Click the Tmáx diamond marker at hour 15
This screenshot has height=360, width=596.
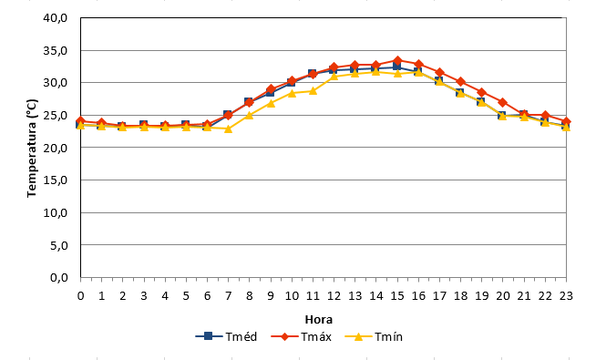(x=397, y=60)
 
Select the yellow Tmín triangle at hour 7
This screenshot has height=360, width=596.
(x=228, y=129)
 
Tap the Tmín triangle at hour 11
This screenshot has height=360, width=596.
(x=313, y=91)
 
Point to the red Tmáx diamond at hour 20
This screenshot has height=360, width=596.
(x=503, y=103)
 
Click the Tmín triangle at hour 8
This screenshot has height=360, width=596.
(x=250, y=115)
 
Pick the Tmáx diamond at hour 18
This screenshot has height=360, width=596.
(x=461, y=82)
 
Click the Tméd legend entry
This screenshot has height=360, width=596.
(x=227, y=336)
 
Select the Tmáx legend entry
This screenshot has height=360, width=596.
(x=302, y=336)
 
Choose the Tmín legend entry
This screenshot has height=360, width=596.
(x=374, y=336)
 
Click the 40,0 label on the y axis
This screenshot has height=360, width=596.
(x=55, y=18)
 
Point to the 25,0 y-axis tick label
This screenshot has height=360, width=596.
(x=55, y=115)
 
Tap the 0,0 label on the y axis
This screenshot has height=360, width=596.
(x=59, y=277)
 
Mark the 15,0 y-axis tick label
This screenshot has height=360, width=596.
(x=55, y=180)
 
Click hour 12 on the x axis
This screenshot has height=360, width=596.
(x=334, y=296)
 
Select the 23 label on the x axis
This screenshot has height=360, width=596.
(x=566, y=296)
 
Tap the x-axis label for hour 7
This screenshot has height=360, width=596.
(x=228, y=296)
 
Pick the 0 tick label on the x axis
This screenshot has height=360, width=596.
(x=80, y=296)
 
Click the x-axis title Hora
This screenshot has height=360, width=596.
(x=319, y=319)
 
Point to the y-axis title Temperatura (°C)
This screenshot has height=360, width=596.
(x=32, y=149)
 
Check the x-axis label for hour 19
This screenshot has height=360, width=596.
(x=481, y=296)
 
